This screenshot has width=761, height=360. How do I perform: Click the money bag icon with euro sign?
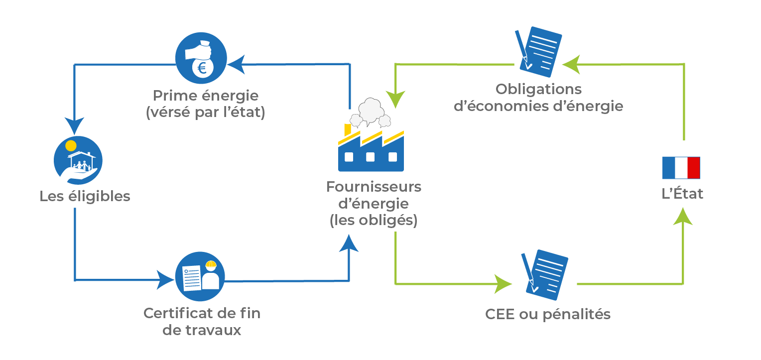point(201,59)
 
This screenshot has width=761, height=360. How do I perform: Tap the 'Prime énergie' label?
point(206,95)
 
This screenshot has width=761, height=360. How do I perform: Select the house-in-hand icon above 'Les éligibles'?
point(78,160)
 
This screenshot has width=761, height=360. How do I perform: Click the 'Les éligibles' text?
point(85,196)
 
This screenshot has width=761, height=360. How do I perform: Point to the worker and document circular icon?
point(200,276)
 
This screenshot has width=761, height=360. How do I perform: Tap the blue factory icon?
point(371,152)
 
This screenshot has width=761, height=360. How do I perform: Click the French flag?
point(681,167)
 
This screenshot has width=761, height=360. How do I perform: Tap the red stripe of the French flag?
point(694,167)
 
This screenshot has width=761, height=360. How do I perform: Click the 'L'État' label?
point(682,194)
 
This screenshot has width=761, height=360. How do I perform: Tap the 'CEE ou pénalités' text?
point(547,315)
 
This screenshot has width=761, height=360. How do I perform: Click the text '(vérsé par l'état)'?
point(206,113)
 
